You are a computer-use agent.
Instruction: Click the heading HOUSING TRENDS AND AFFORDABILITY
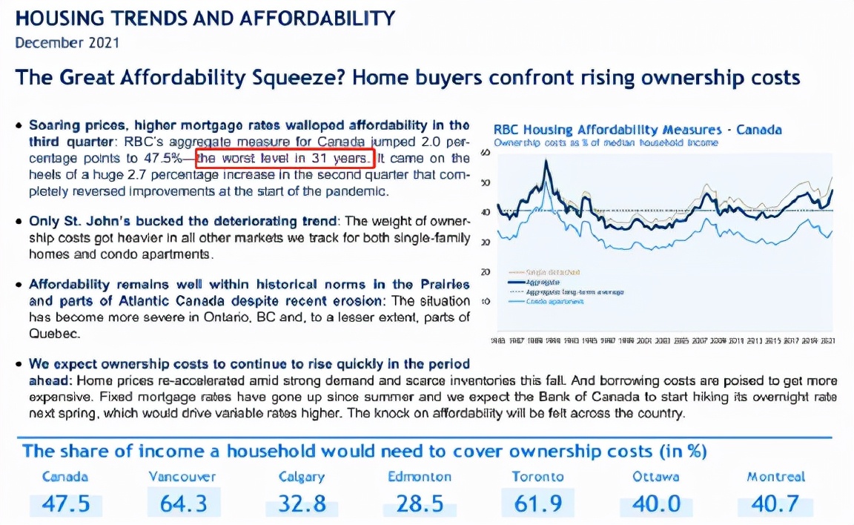pyautogui.click(x=205, y=18)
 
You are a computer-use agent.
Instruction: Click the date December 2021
pyautogui.click(x=67, y=42)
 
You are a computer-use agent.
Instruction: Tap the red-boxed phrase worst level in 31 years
pyautogui.click(x=285, y=159)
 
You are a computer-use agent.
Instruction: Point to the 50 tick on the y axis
pyautogui.click(x=486, y=182)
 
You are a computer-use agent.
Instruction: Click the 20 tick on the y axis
pyautogui.click(x=486, y=272)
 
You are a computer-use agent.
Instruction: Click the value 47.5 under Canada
pyautogui.click(x=65, y=504)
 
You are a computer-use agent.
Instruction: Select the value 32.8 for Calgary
pyautogui.click(x=302, y=504)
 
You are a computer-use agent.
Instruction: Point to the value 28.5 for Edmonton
pyautogui.click(x=420, y=504)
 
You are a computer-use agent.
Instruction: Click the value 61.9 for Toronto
pyautogui.click(x=538, y=504)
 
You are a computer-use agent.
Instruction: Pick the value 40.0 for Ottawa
pyautogui.click(x=656, y=504)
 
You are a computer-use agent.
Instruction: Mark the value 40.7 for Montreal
pyautogui.click(x=775, y=504)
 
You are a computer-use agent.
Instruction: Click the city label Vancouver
pyautogui.click(x=182, y=477)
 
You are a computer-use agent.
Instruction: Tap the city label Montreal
pyautogui.click(x=775, y=477)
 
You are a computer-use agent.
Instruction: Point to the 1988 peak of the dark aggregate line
pyautogui.click(x=546, y=161)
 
